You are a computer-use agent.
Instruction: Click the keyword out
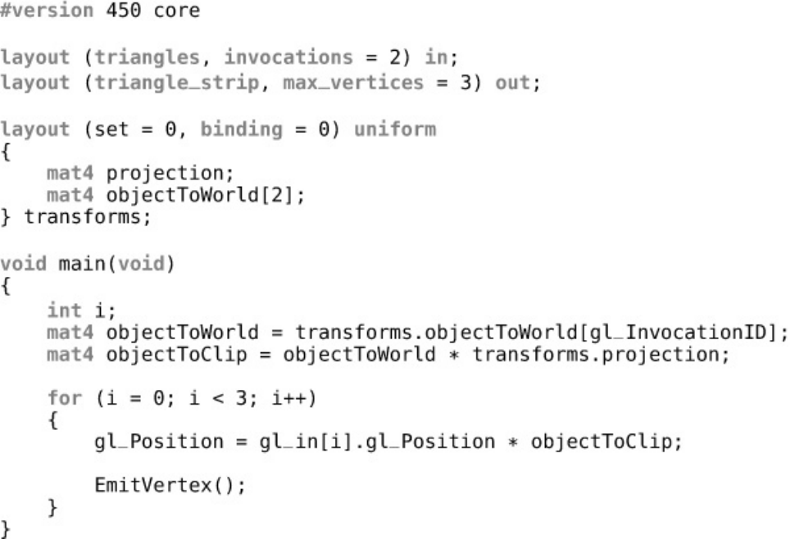[x=510, y=83]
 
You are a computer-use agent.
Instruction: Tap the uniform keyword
[x=395, y=129]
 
